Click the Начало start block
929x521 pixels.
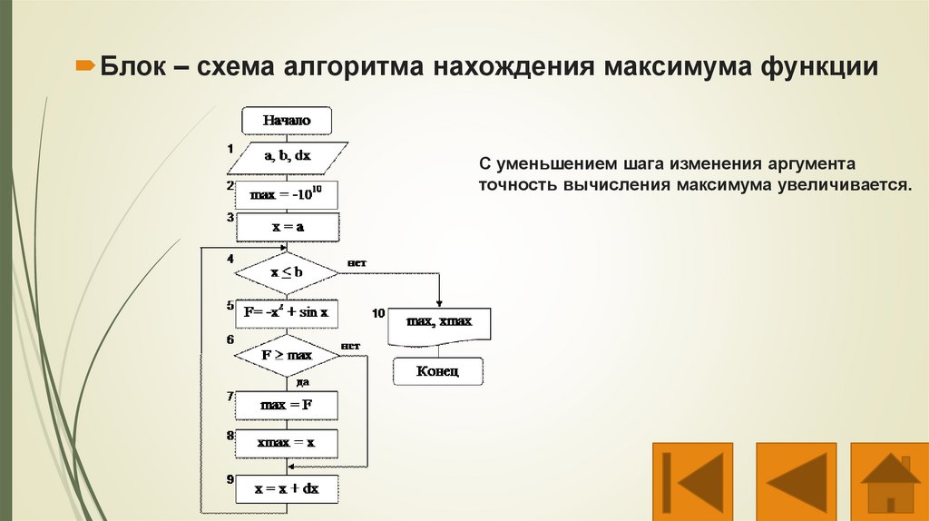pos(287,120)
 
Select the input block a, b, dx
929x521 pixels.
pos(287,156)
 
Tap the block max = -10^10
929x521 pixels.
pos(287,192)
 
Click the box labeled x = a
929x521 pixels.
pos(287,228)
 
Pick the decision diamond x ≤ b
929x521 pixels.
pos(287,271)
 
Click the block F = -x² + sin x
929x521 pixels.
pos(287,313)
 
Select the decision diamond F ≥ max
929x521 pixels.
pos(287,355)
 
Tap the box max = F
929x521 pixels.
pos(287,405)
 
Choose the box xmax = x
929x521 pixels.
pos(287,443)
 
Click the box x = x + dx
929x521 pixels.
pos(287,488)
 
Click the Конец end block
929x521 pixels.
pos(438,370)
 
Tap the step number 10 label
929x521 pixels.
pos(380,313)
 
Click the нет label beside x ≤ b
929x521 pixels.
pos(356,263)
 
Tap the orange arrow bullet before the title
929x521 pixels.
pos(84,67)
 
